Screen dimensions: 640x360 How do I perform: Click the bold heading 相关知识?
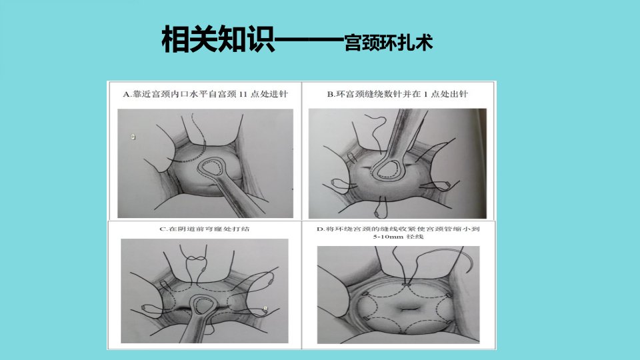[218, 39]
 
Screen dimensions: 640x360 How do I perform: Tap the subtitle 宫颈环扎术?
[388, 43]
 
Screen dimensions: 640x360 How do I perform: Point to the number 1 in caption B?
[425, 94]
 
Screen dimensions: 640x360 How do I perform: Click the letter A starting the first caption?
[126, 94]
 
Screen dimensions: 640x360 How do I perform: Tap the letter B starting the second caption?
[330, 94]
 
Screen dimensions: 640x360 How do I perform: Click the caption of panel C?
[204, 229]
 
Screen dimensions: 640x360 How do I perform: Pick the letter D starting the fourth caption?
[319, 229]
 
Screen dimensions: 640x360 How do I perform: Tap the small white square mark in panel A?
[133, 137]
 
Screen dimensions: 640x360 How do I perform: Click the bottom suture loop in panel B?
[379, 208]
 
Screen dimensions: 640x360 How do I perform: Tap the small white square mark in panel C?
[265, 309]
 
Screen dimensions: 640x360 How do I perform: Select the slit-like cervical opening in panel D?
[405, 309]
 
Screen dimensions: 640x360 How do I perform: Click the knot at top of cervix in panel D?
[406, 284]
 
